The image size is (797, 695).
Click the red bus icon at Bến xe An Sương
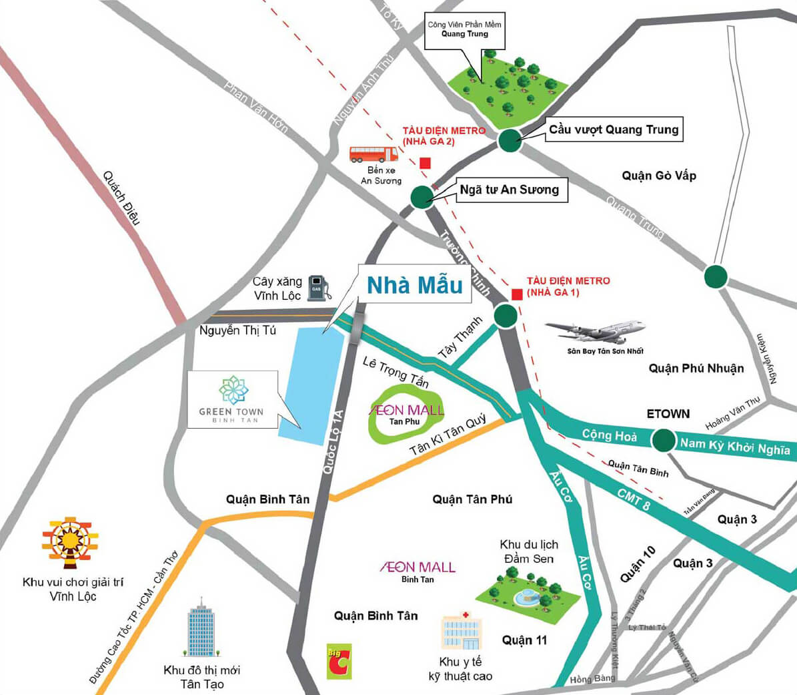tap(373, 154)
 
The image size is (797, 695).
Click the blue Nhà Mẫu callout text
tap(414, 285)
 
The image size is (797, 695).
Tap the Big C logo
tap(339, 661)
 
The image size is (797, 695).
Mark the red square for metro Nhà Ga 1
tap(517, 294)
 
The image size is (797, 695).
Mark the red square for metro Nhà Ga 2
tap(425, 163)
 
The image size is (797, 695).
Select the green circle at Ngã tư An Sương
tap(422, 197)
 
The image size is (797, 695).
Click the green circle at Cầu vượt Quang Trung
tap(510, 140)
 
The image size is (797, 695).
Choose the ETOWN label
tap(668, 414)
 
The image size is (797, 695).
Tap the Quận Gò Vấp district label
tap(659, 176)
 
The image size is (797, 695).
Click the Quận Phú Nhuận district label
tap(696, 368)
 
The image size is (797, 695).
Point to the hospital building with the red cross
tap(462, 631)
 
